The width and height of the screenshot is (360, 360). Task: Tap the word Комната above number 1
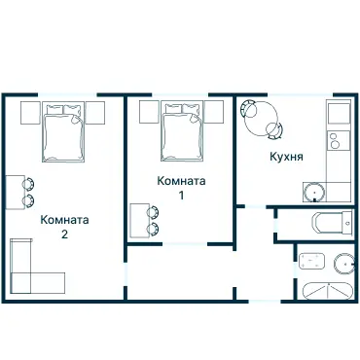[x=182, y=181]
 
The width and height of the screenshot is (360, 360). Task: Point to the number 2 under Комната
[x=64, y=234]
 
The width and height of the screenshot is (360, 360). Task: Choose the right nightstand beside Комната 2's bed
[x=95, y=112]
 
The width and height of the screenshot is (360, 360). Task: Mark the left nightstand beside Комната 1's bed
[x=149, y=110]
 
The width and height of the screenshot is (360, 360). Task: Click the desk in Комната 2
[x=13, y=192]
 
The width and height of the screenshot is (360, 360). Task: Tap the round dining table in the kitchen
[x=264, y=118]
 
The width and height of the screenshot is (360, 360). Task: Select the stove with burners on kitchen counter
[x=338, y=146]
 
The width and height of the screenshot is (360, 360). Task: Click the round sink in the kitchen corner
[x=314, y=191]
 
